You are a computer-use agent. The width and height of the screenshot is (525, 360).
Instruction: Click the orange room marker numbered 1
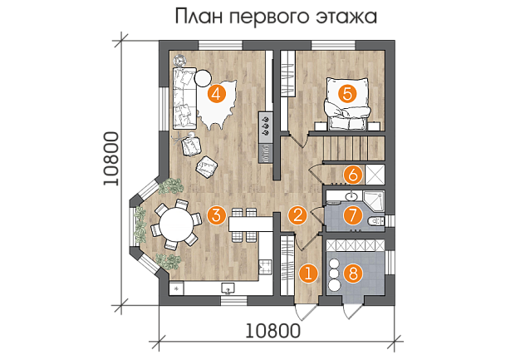point(308,274)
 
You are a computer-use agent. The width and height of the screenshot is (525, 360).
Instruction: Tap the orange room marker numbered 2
point(297,215)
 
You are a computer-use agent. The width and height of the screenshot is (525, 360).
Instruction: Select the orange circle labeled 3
point(216,215)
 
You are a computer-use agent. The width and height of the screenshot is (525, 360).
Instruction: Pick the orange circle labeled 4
point(216,93)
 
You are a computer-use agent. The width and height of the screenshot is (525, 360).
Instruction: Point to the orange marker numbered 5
point(347,93)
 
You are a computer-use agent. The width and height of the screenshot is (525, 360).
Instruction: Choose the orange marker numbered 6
point(353,175)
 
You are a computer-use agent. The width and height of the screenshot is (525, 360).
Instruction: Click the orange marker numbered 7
point(353,215)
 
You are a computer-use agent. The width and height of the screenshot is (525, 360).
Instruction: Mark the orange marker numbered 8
point(353,274)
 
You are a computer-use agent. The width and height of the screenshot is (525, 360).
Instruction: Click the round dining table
point(176,224)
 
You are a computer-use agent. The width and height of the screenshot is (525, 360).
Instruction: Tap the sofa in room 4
point(184,98)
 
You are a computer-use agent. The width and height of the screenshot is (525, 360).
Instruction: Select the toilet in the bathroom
point(376,221)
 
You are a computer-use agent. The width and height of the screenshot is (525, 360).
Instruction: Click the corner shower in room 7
point(374,201)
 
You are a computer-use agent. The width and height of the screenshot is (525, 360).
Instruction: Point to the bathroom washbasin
point(351,195)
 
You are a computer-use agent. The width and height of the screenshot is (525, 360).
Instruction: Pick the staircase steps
point(353,149)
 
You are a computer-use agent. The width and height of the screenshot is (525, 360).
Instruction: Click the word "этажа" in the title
point(346,17)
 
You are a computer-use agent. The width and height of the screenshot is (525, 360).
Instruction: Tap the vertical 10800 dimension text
point(111,159)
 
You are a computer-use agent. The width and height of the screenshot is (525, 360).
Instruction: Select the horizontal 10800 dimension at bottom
point(272,331)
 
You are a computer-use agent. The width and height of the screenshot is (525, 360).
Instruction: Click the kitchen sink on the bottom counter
point(228,288)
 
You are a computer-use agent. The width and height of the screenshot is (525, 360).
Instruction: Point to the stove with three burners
point(266,125)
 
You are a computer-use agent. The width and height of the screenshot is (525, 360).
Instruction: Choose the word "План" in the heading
point(199,17)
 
